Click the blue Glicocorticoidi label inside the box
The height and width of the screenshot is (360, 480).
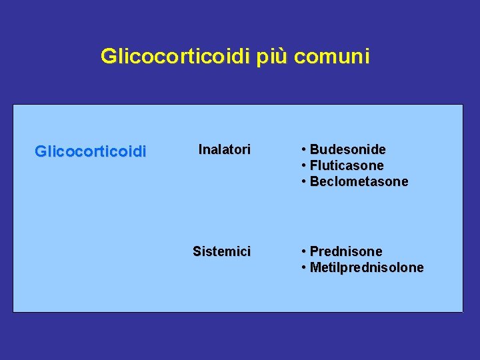click(90, 152)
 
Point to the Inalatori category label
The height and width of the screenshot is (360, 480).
click(225, 150)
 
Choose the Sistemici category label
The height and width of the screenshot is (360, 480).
click(221, 251)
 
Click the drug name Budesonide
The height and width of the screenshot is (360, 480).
click(347, 149)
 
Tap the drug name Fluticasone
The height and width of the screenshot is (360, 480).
click(347, 165)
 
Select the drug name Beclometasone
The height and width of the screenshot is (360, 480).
click(359, 181)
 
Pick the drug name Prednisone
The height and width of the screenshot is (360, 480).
click(346, 251)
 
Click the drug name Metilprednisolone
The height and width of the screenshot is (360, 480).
click(367, 267)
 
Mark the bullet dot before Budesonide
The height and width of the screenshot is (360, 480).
click(304, 149)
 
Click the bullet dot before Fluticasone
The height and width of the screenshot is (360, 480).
click(304, 165)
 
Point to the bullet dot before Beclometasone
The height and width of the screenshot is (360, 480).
click(304, 181)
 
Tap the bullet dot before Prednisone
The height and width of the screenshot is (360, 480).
click(304, 251)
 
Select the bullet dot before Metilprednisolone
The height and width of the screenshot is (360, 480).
click(304, 267)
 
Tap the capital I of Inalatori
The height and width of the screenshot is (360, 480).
click(201, 150)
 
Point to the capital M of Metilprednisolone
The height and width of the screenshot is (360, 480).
click(315, 267)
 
